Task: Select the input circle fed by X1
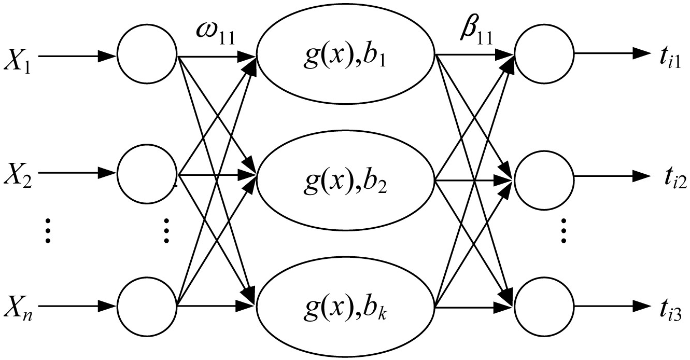coord(147,54)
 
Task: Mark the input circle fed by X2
coord(147,173)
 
